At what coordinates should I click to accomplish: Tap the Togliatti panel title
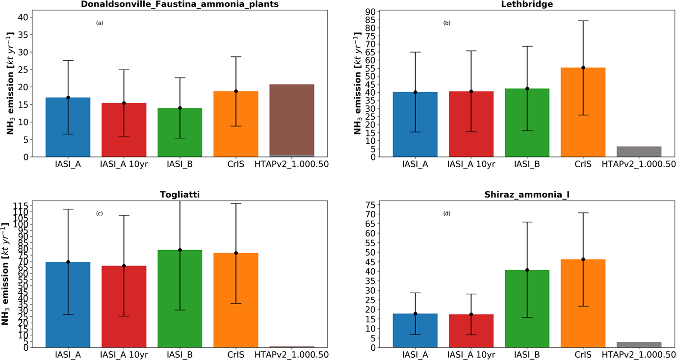click(180, 195)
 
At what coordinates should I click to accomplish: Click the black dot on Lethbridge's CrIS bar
click(583, 68)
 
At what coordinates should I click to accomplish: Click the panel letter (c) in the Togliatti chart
click(99, 213)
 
